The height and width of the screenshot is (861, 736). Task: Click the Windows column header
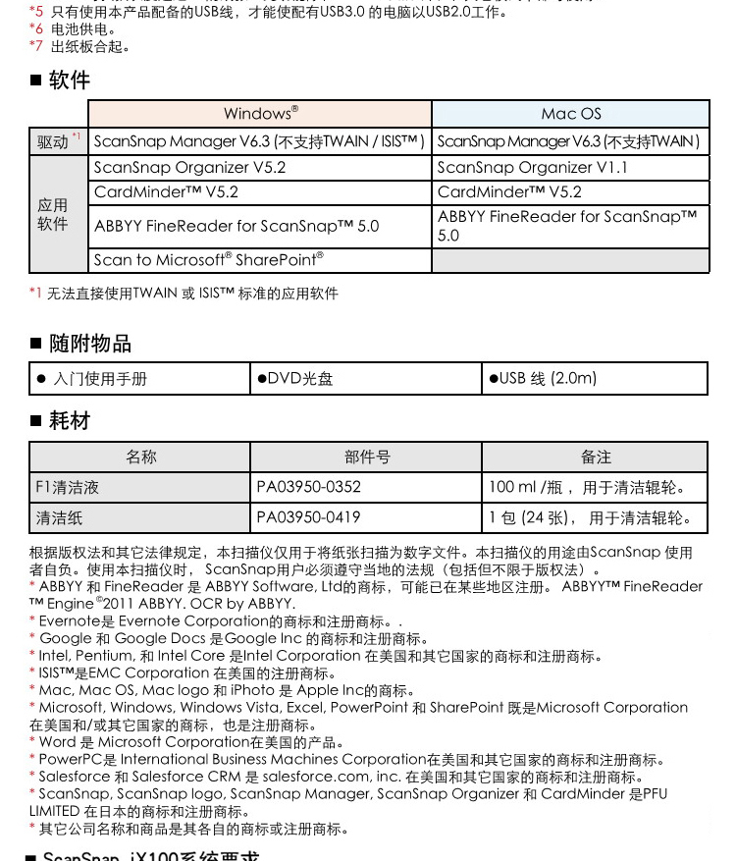[x=260, y=114]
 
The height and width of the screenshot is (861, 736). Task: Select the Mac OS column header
[x=570, y=114]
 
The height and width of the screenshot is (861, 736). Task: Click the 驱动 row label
[x=58, y=141]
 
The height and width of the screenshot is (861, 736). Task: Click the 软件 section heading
[x=69, y=81]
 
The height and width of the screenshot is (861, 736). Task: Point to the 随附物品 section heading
[x=89, y=344]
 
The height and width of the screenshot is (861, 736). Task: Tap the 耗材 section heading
[x=69, y=421]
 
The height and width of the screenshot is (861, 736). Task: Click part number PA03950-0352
[x=308, y=487]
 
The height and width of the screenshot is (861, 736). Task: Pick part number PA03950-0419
[x=308, y=517]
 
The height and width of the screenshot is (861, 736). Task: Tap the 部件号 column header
[x=366, y=457]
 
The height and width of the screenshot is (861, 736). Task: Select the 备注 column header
[x=595, y=457]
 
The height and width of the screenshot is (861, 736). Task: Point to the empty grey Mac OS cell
[x=570, y=260]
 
